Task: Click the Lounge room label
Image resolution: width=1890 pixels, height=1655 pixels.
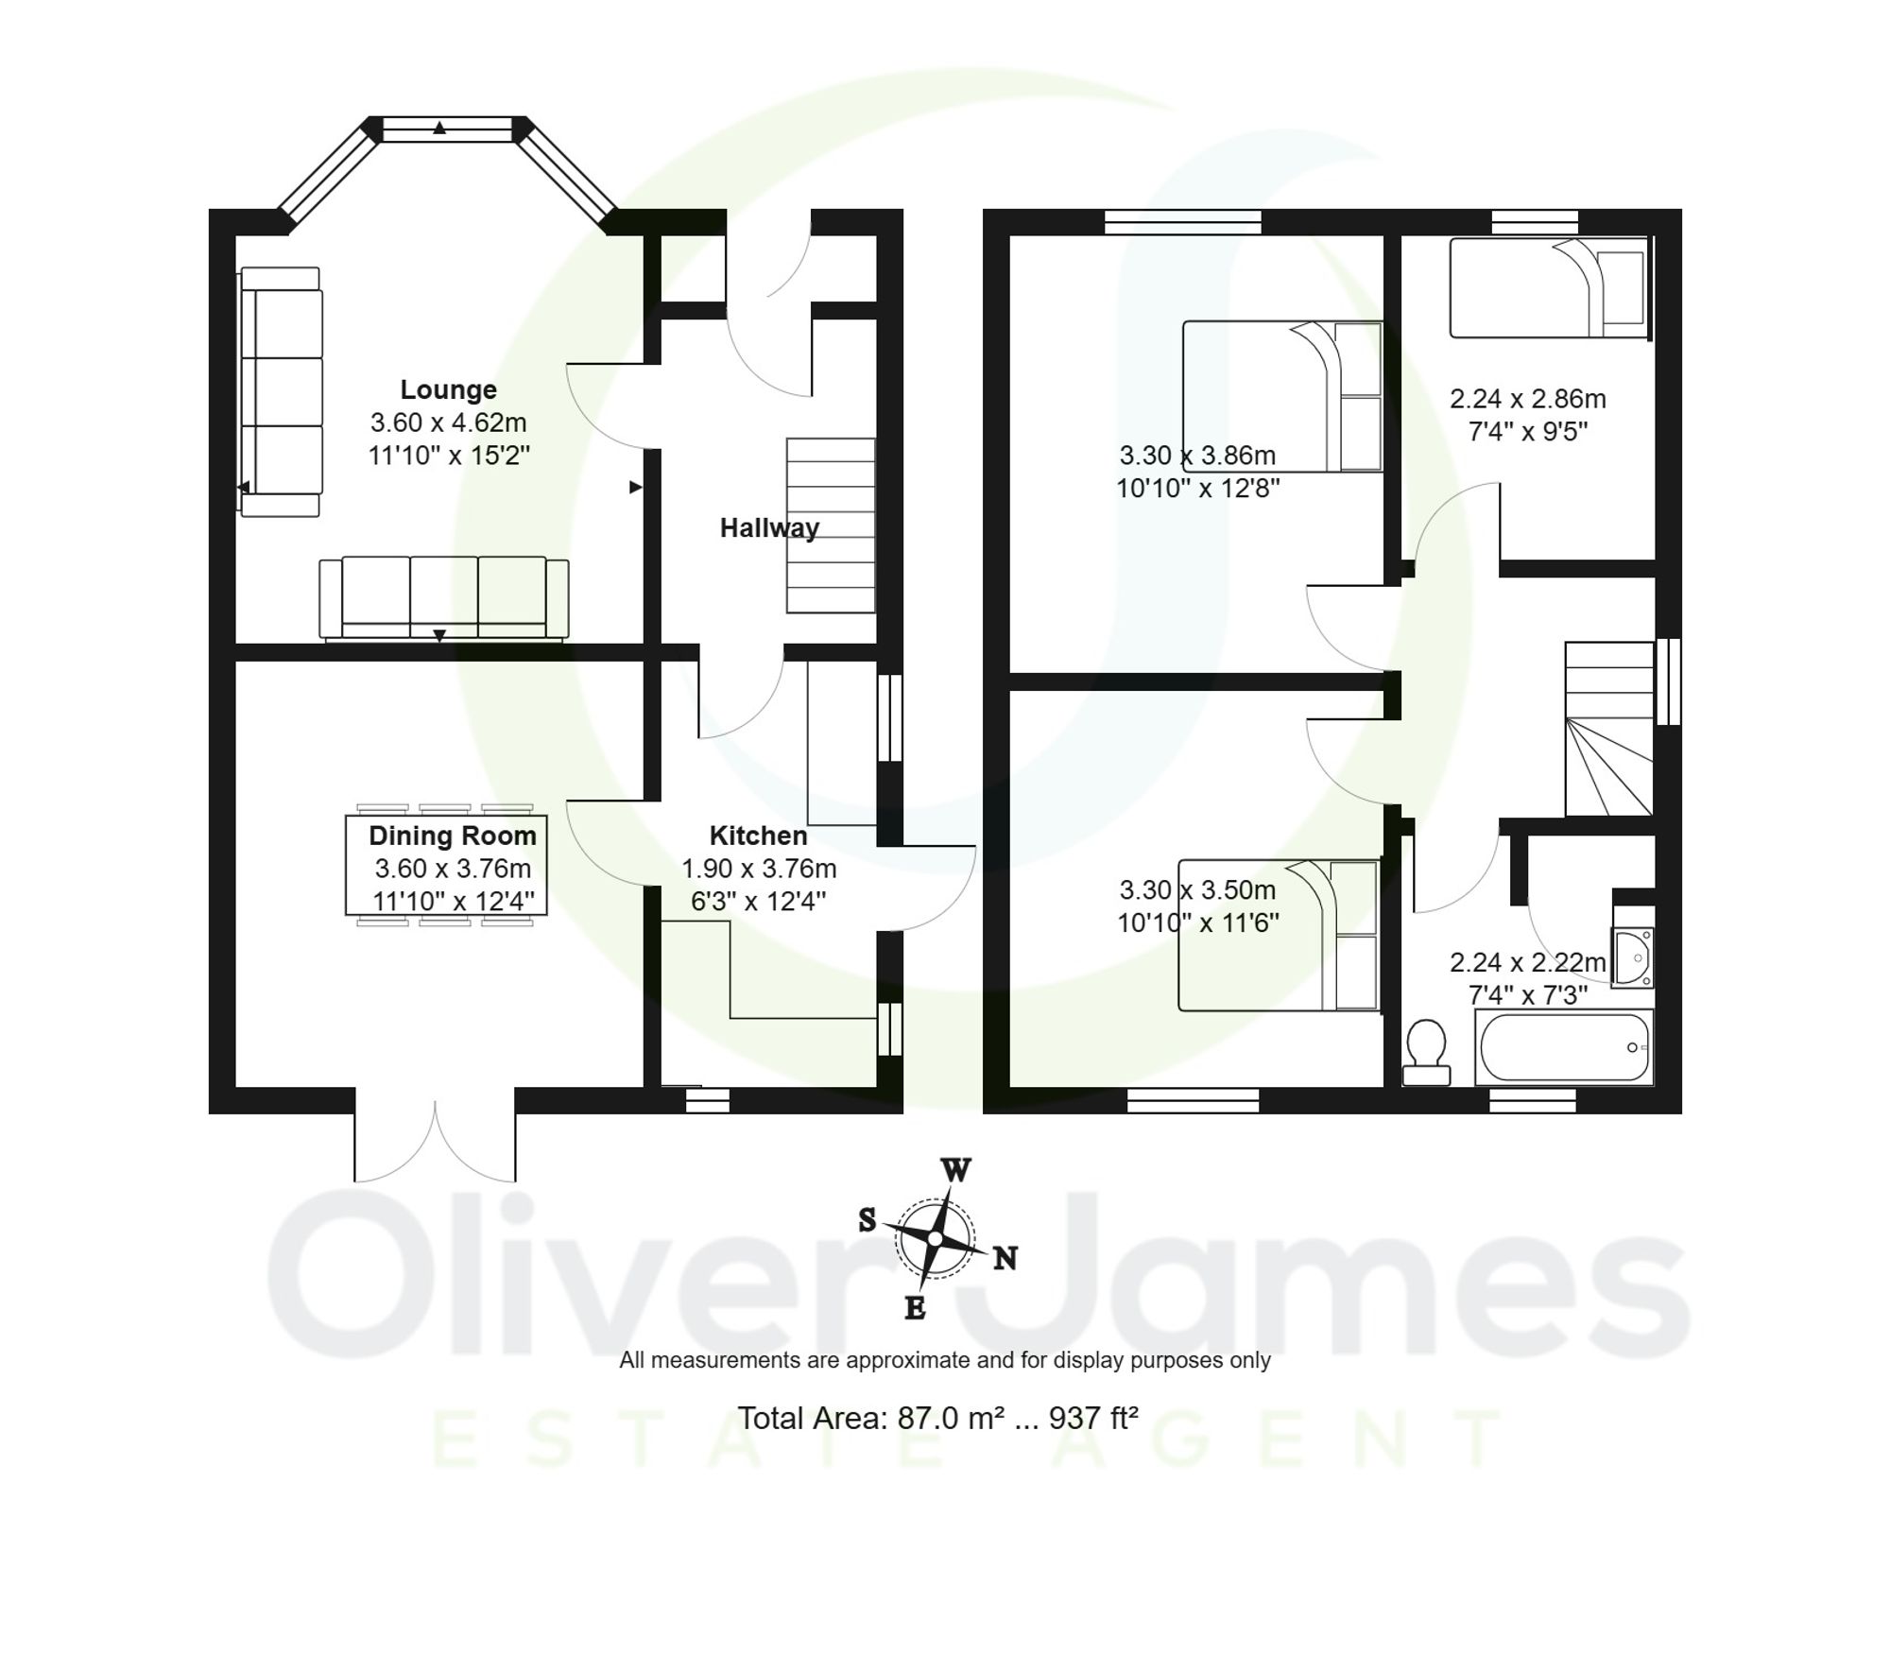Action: click(448, 389)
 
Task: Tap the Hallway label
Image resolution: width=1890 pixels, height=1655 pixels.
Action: click(769, 527)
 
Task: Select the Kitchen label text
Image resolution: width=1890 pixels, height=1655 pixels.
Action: click(758, 836)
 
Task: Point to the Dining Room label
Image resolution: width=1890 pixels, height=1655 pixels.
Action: click(452, 836)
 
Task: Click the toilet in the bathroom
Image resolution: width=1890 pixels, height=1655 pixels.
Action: click(1426, 1052)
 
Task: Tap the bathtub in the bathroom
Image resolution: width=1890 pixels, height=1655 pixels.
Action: click(1563, 1047)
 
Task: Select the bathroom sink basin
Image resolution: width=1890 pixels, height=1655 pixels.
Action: click(1633, 957)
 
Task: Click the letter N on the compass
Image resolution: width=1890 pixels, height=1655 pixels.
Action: click(1005, 1258)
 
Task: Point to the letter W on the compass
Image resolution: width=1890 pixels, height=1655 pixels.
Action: click(955, 1171)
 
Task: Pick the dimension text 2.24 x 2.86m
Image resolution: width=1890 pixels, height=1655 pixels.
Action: click(1527, 399)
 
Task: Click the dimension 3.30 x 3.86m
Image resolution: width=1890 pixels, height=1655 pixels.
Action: click(1197, 456)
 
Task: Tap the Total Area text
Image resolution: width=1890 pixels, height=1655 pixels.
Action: click(937, 1418)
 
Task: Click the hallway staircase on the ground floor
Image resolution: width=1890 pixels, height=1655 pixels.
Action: click(831, 526)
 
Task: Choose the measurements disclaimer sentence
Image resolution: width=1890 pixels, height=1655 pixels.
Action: click(944, 1360)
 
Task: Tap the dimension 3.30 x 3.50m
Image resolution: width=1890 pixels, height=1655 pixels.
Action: click(1197, 890)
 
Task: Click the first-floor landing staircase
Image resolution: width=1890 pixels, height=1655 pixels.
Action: click(1609, 730)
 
